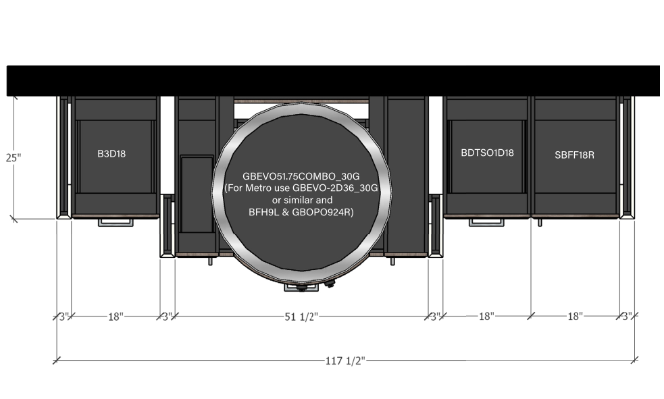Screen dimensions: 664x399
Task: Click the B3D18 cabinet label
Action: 111,154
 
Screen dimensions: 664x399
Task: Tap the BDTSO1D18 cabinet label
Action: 488,153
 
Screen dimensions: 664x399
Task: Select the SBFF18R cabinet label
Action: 574,155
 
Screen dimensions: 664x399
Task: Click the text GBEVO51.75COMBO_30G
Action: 301,176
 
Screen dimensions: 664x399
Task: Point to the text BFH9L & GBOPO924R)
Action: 301,212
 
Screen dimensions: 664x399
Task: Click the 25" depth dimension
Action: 13,158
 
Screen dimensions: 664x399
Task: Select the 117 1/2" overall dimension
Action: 344,361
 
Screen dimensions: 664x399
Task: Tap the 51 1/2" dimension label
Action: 301,317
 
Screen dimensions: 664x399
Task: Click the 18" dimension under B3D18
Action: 116,317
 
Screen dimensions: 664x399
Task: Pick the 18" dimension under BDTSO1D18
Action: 486,316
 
